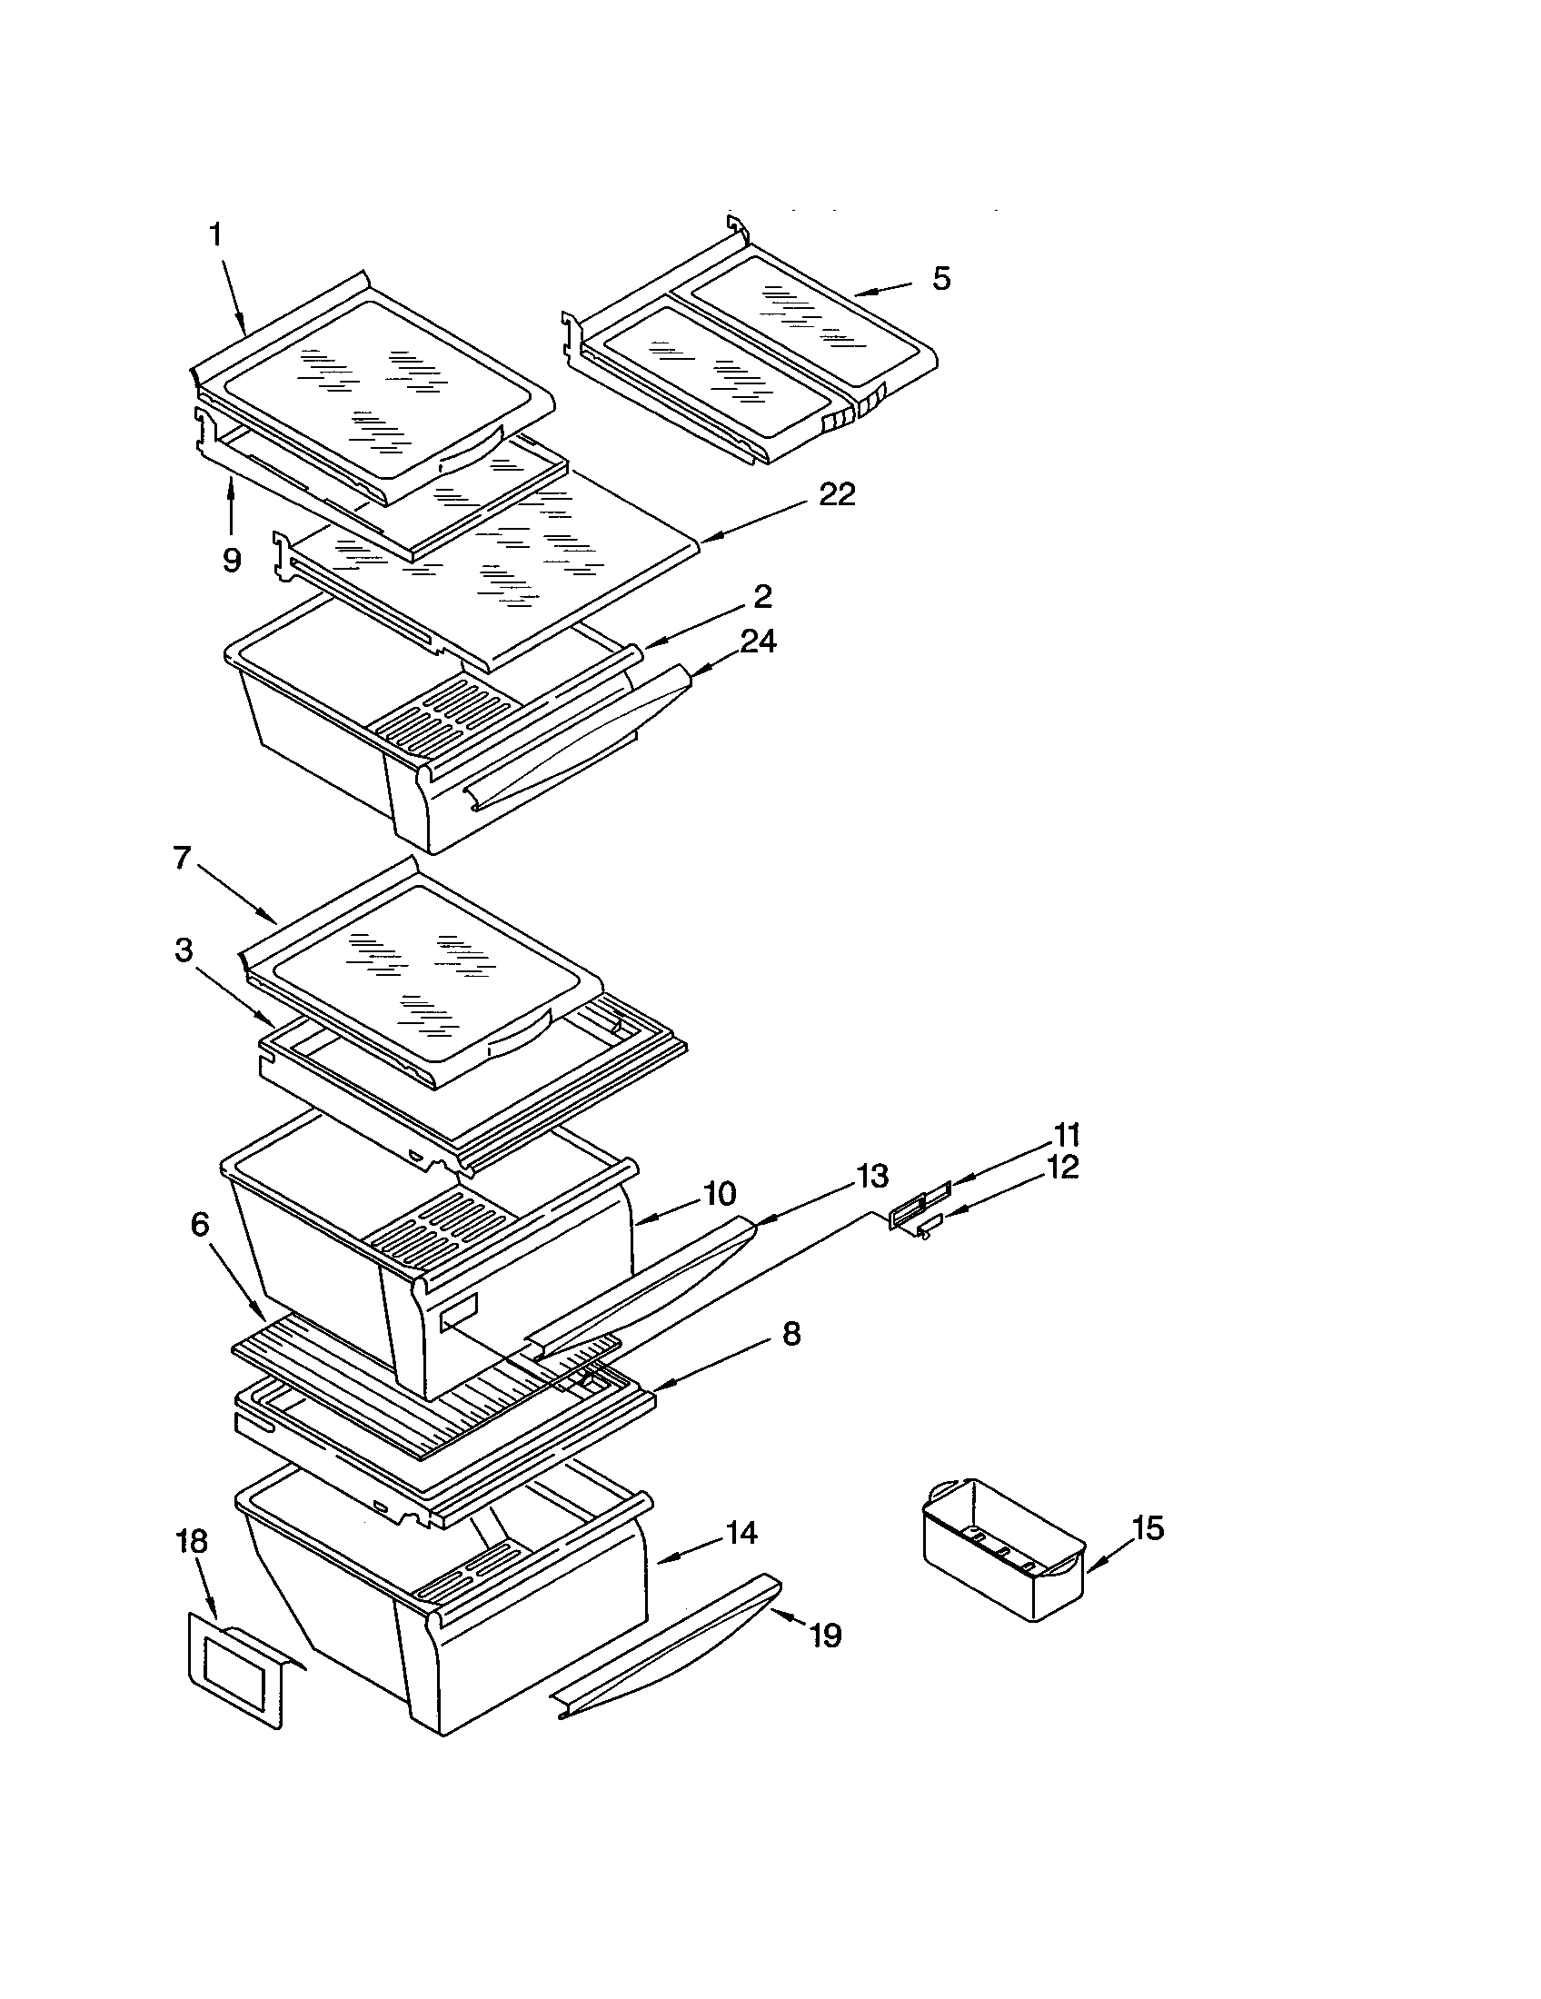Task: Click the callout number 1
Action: pos(215,236)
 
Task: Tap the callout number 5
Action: pos(941,279)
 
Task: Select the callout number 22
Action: pos(837,495)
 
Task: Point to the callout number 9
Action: pos(232,559)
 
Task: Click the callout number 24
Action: pos(759,641)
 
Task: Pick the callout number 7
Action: pos(182,859)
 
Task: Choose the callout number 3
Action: pos(184,951)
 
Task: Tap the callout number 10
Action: pos(721,1194)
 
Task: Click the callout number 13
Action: pos(873,1174)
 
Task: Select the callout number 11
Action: pos(1066,1135)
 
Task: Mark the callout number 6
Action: pos(200,1224)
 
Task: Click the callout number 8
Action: pos(791,1334)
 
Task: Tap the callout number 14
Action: pos(741,1532)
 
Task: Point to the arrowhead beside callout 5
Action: pos(865,293)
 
